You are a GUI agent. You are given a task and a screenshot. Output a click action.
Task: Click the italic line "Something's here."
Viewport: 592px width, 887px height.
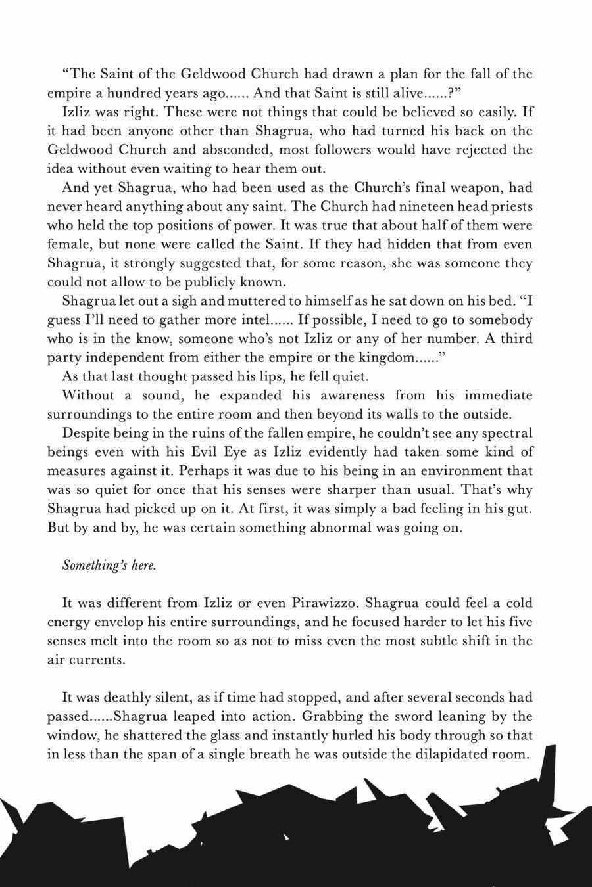coord(109,565)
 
